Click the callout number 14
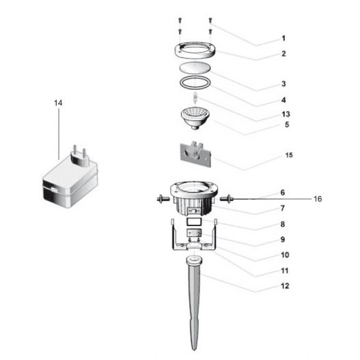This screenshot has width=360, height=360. click(x=57, y=102)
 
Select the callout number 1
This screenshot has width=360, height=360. click(x=283, y=39)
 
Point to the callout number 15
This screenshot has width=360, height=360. click(x=289, y=156)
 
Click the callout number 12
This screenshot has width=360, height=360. click(x=284, y=286)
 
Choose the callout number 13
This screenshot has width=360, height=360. click(x=286, y=113)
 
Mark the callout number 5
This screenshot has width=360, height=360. click(x=286, y=125)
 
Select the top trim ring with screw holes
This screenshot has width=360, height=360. click(x=195, y=51)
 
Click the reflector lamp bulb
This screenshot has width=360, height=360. click(x=197, y=118)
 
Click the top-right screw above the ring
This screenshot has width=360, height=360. click(x=210, y=20)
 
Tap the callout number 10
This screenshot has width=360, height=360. click(x=283, y=255)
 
